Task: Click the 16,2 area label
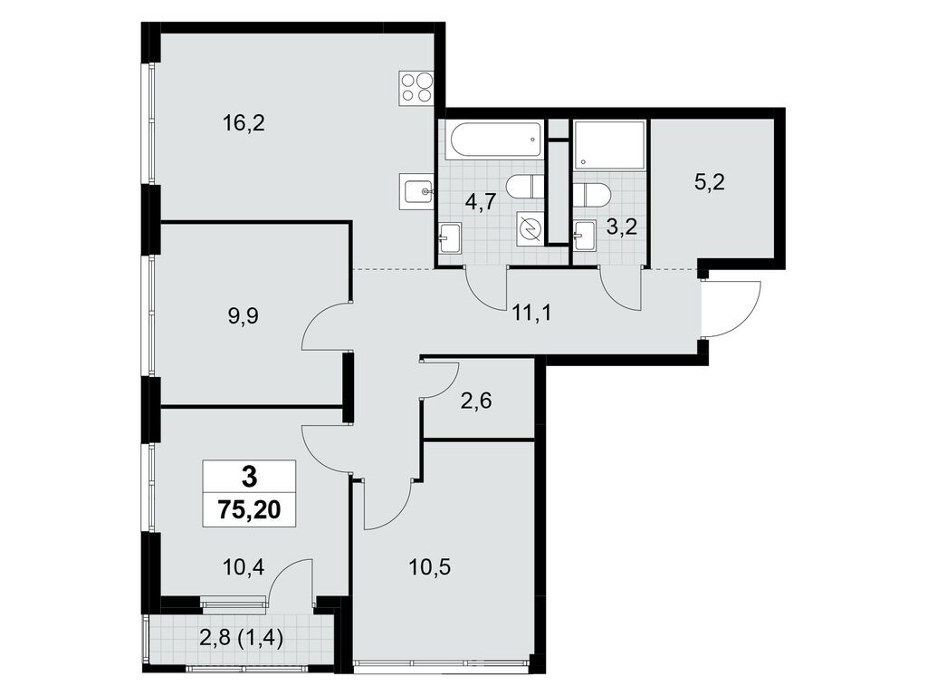[244, 123]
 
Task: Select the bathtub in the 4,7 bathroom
[497, 140]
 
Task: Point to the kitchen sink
[416, 190]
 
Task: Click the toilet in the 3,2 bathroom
[591, 195]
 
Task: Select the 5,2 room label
[710, 183]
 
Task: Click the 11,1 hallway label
[532, 312]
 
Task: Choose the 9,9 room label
[244, 315]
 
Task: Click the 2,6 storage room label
[476, 401]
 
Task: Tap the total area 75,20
[249, 509]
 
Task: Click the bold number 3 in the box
[250, 476]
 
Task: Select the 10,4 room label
[244, 568]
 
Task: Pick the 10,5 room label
[430, 568]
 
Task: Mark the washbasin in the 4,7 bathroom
[450, 238]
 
